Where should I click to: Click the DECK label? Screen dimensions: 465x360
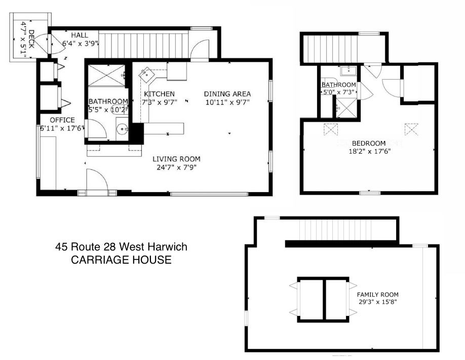click(x=31, y=39)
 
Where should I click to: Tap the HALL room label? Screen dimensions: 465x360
click(x=80, y=35)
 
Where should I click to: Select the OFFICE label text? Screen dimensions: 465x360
click(x=62, y=120)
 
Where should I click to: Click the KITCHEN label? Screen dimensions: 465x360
click(x=159, y=94)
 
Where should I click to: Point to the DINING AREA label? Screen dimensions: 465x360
click(x=227, y=94)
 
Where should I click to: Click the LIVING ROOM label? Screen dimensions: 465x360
click(x=176, y=159)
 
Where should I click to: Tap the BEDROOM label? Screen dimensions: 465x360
click(x=369, y=143)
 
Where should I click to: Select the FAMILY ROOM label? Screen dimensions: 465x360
click(x=377, y=295)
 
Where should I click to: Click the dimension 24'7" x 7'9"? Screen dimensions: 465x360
click(x=177, y=168)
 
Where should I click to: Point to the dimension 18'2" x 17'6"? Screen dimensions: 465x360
click(x=369, y=152)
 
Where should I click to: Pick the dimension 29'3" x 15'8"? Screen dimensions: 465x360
click(x=377, y=302)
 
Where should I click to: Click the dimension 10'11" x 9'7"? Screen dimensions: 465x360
click(x=227, y=102)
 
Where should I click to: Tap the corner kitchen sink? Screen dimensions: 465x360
click(x=146, y=75)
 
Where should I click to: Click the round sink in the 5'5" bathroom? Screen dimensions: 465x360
click(x=122, y=129)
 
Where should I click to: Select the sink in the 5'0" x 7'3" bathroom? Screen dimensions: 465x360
click(x=348, y=71)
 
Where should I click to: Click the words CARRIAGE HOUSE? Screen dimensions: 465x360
click(x=121, y=260)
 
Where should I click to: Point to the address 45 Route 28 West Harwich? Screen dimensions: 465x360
click(x=121, y=246)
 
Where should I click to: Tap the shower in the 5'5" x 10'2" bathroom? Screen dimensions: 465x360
click(x=107, y=76)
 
